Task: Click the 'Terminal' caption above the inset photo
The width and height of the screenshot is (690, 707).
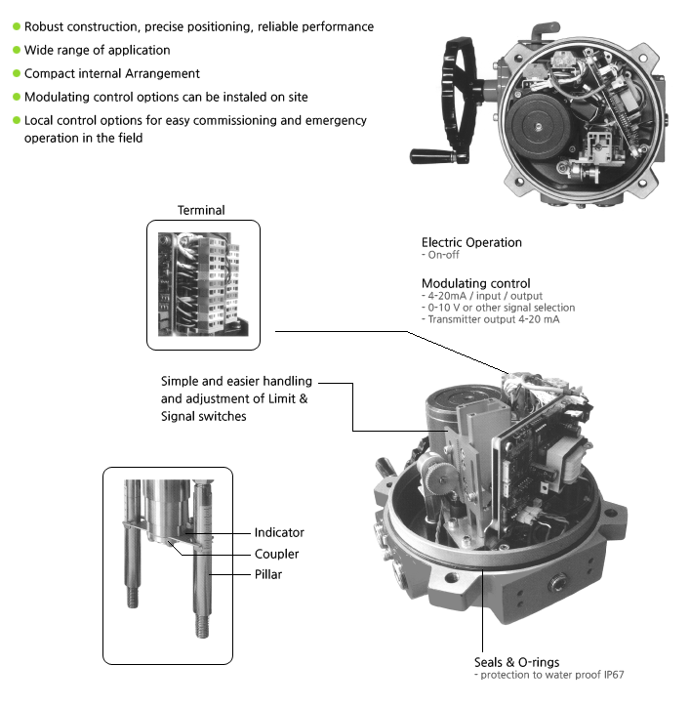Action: pos(201,210)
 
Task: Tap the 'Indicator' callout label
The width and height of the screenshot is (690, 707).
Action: pos(279,532)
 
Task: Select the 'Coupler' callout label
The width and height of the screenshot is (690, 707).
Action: pos(276,554)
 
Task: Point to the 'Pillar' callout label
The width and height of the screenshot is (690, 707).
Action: pos(268,574)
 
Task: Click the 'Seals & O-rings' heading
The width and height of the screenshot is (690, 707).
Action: pos(516,662)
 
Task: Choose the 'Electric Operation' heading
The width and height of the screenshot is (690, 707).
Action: pos(471,242)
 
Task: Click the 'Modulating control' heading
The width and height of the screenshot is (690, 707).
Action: pos(475,283)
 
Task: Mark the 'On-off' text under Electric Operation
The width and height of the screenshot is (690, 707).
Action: pos(443,255)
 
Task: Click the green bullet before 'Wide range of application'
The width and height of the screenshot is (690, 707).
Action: pos(16,50)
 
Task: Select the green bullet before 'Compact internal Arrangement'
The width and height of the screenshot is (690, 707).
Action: pos(16,73)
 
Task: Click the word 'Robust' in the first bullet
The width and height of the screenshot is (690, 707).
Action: pos(44,26)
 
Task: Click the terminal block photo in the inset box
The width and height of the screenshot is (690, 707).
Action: pos(203,283)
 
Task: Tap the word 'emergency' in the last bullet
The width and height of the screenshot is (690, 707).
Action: pos(337,120)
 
